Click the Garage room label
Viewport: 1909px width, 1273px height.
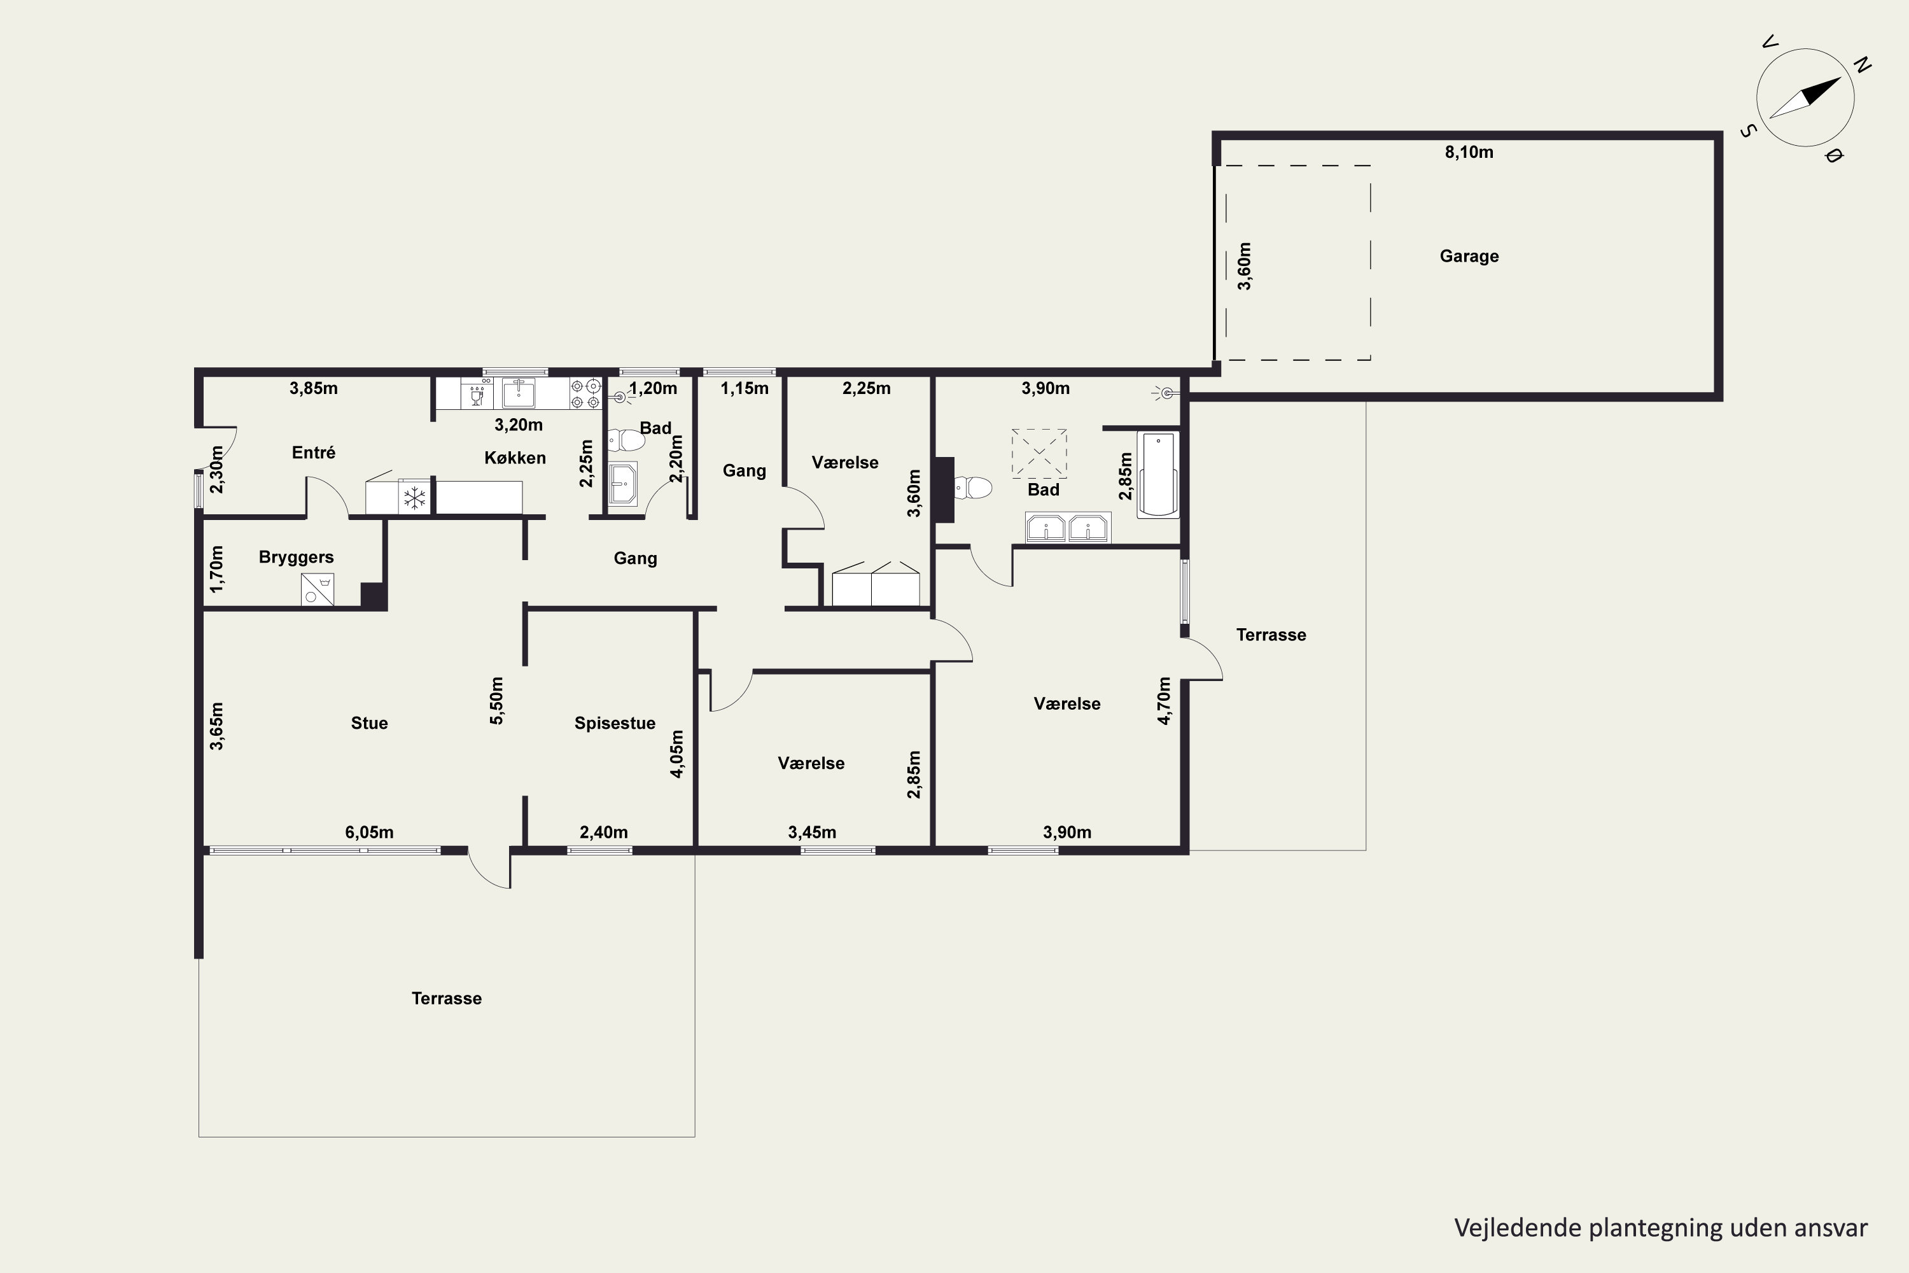pyautogui.click(x=1469, y=257)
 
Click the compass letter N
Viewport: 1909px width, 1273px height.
pyautogui.click(x=1863, y=65)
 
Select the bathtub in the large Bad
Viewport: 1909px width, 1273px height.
pyautogui.click(x=1158, y=475)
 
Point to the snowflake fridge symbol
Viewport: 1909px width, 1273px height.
pyautogui.click(x=415, y=497)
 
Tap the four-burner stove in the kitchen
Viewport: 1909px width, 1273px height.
pyautogui.click(x=586, y=394)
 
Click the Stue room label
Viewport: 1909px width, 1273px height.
pyautogui.click(x=369, y=723)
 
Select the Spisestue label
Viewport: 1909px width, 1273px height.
pyautogui.click(x=615, y=723)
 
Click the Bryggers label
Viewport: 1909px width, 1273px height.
pyautogui.click(x=297, y=557)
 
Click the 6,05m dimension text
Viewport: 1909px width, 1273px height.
pyautogui.click(x=369, y=832)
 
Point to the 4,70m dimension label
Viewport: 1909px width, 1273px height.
pyautogui.click(x=1164, y=701)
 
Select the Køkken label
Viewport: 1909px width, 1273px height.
pyautogui.click(x=515, y=458)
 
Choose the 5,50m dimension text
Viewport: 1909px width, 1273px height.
pyautogui.click(x=497, y=701)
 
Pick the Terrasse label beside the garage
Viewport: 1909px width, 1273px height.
pyautogui.click(x=1271, y=635)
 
